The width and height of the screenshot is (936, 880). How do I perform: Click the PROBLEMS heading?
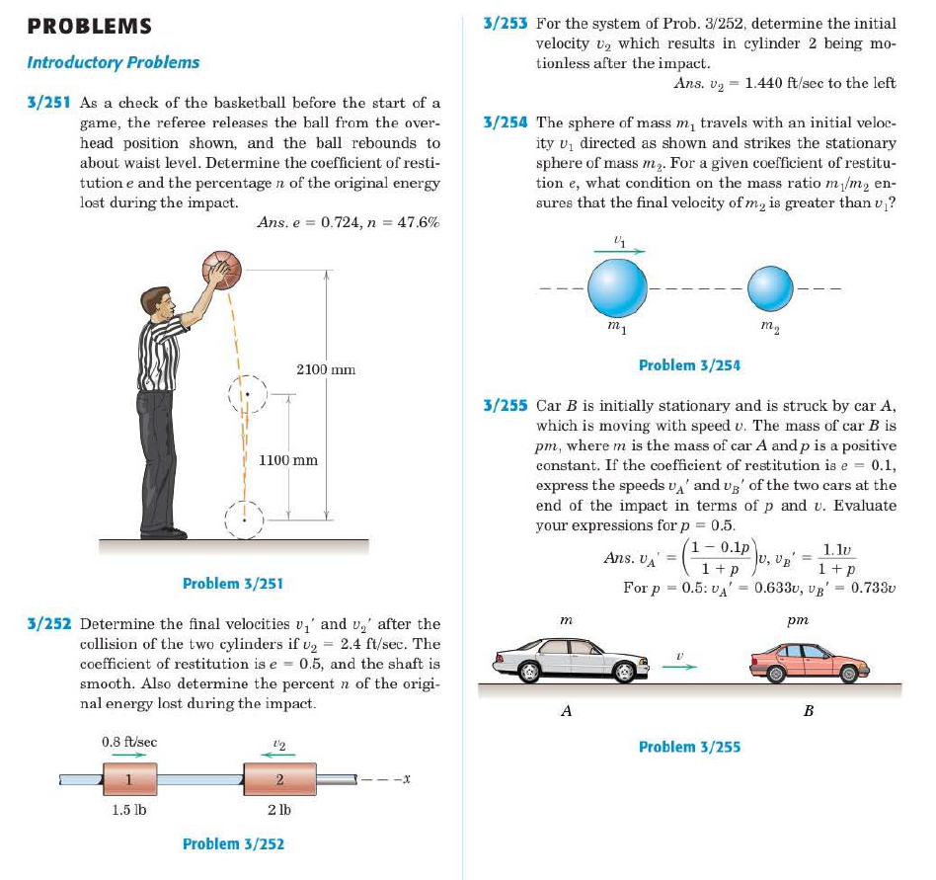point(90,26)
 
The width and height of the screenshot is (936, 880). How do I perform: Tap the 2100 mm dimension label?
point(325,369)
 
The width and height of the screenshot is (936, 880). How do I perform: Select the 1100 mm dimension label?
point(288,460)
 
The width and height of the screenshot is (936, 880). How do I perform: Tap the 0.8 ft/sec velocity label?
point(128,741)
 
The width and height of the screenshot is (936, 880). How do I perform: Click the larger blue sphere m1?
point(618,287)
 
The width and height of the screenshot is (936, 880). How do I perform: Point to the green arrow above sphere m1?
point(619,251)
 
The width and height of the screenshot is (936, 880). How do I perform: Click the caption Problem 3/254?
point(689,365)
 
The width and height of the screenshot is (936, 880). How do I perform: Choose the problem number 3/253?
point(505,23)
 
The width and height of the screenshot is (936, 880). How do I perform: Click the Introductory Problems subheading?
point(113,62)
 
